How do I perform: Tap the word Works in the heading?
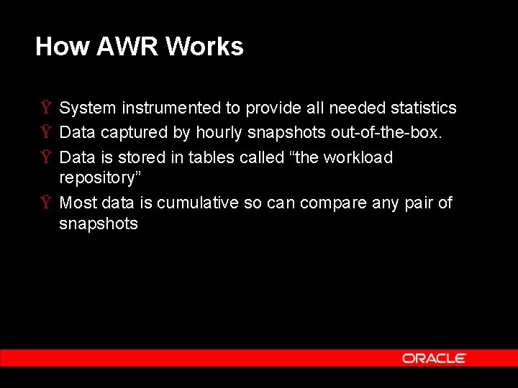pos(204,47)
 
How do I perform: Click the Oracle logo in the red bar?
pos(434,358)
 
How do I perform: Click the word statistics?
pos(423,108)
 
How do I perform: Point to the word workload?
pos(358,157)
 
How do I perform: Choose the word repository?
pos(96,177)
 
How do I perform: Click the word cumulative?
pos(198,203)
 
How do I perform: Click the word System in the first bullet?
pos(88,108)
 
